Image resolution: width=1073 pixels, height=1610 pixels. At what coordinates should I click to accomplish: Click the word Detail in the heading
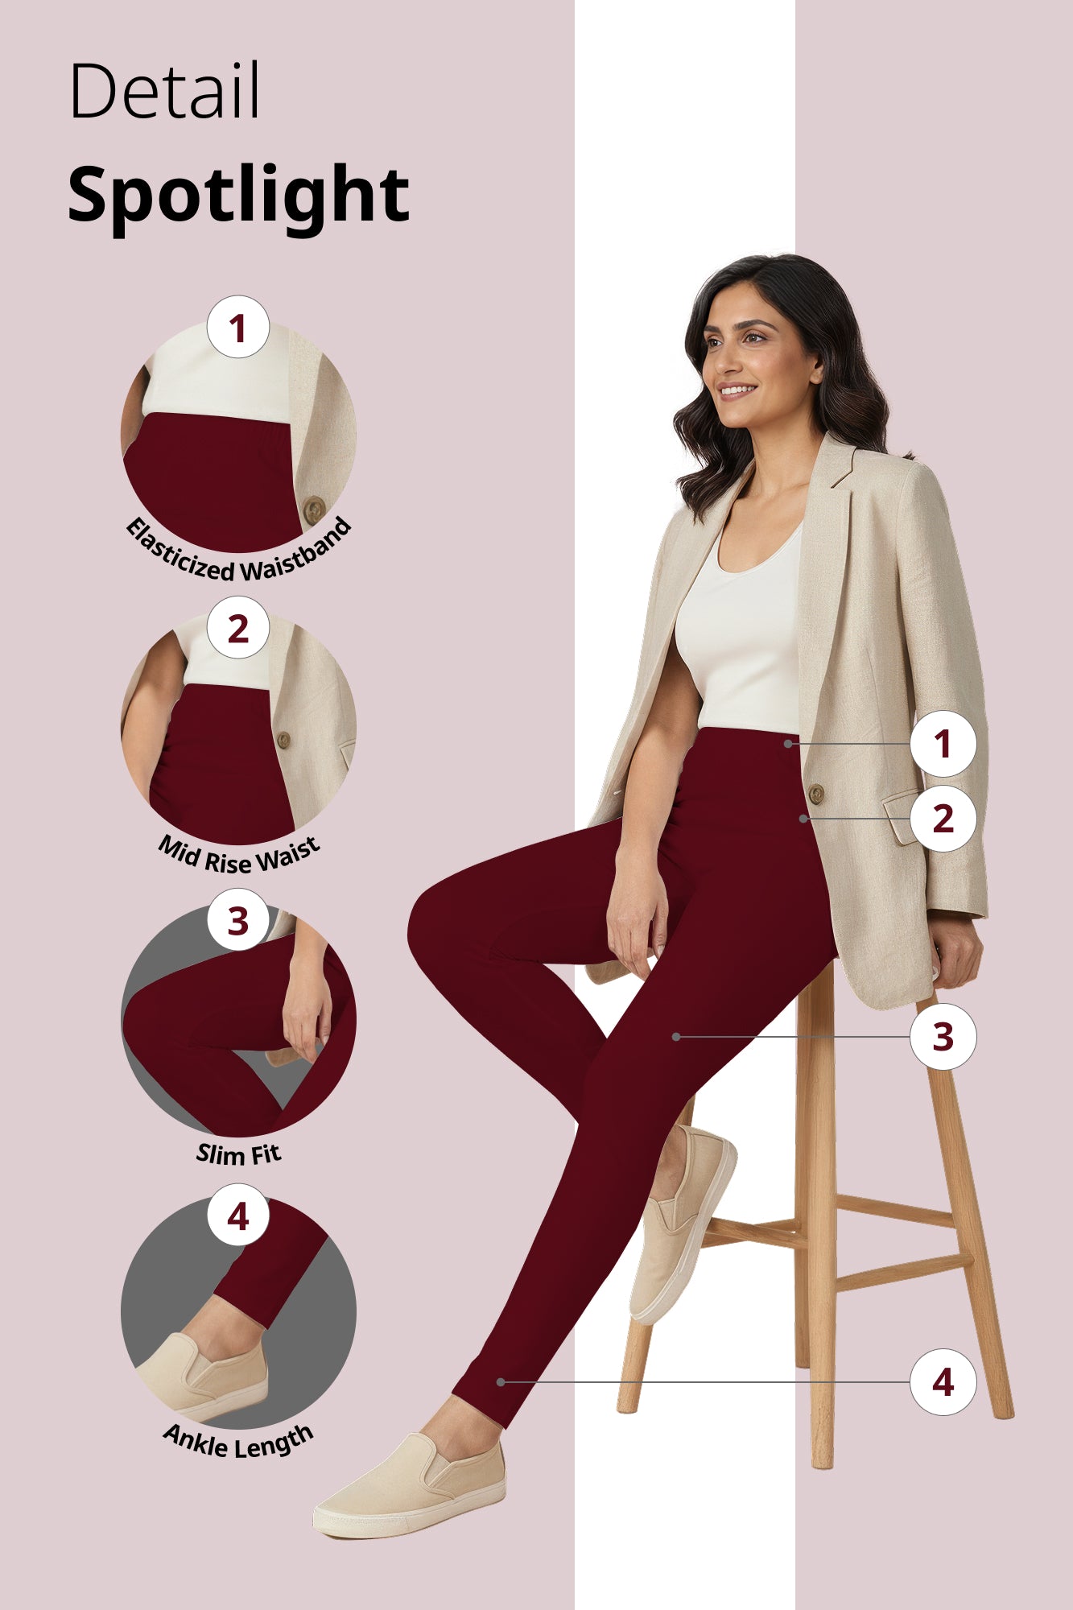point(165,91)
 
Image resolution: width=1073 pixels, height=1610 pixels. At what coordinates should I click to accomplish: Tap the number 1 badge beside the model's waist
point(943,744)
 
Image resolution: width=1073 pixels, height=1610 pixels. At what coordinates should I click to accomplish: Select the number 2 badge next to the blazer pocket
point(943,819)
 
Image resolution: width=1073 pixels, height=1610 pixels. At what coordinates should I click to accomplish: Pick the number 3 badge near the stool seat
point(943,1037)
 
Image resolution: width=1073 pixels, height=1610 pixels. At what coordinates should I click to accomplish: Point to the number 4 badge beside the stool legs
point(943,1382)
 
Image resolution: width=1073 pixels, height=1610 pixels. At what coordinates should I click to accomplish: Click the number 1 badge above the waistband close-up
point(237,328)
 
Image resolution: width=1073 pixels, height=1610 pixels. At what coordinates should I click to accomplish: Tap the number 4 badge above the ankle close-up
point(237,1216)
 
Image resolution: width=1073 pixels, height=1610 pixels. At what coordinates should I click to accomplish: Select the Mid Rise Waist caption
point(239,856)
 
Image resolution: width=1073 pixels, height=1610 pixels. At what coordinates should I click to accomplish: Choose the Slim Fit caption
point(239,1154)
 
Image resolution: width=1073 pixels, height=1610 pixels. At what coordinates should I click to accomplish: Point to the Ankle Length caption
point(238,1441)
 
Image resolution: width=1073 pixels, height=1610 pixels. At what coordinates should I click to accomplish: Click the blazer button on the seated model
point(815,794)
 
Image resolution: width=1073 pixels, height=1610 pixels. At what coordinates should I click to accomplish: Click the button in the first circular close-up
point(314,509)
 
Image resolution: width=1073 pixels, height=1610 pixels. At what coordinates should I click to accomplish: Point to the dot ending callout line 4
point(501,1382)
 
